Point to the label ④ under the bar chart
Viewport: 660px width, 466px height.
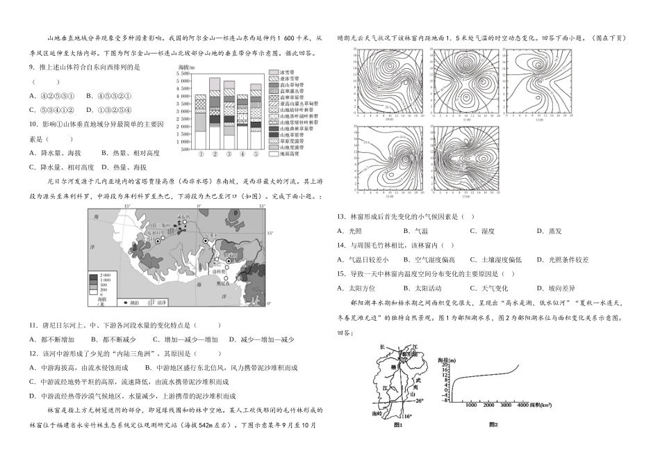[x=242, y=154]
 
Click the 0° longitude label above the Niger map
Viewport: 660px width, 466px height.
[x=199, y=207]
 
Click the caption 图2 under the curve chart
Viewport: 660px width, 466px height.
[x=493, y=424]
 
